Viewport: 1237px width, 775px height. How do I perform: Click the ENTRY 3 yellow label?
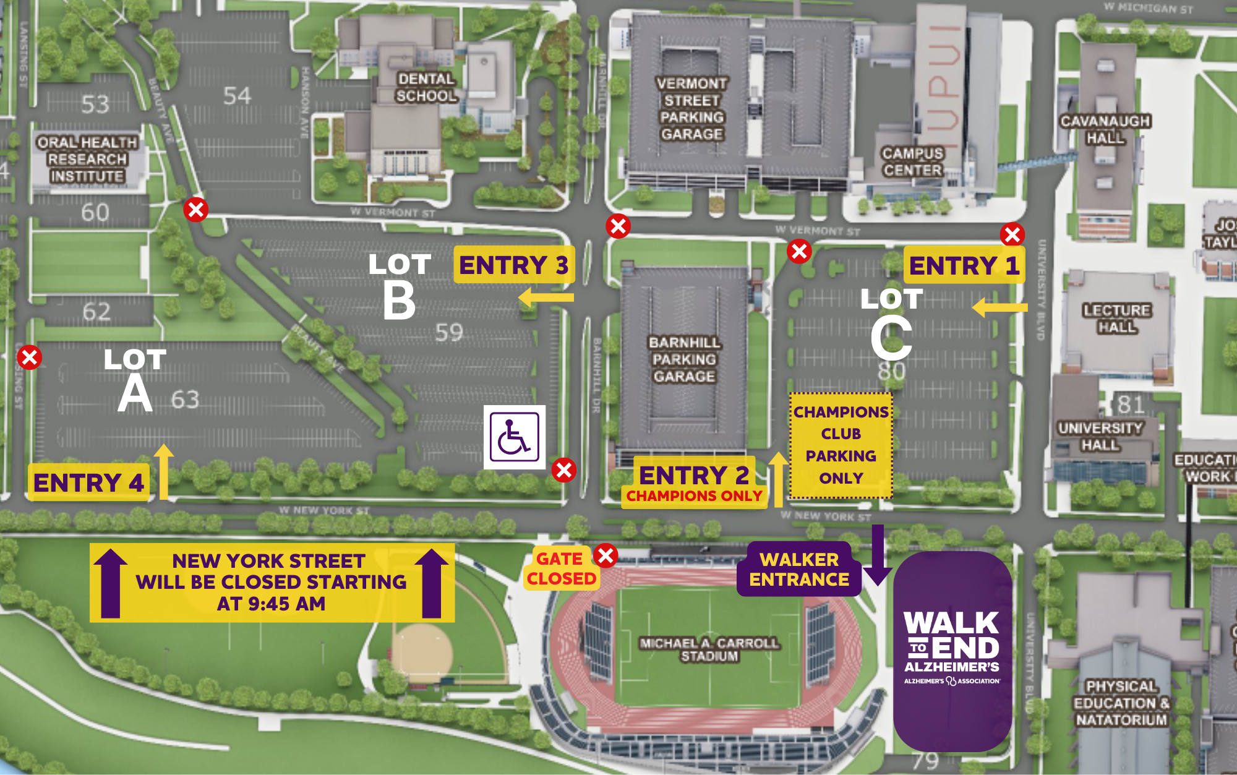(x=513, y=265)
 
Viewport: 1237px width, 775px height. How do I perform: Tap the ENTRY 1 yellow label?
(x=964, y=265)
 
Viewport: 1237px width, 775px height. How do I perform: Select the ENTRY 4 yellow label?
(x=88, y=482)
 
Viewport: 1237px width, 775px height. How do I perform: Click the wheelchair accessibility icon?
(x=514, y=437)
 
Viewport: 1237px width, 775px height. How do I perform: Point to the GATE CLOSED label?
(x=561, y=568)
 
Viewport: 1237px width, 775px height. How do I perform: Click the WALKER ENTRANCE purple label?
(x=798, y=569)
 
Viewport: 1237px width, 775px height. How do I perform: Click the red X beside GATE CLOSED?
(x=606, y=555)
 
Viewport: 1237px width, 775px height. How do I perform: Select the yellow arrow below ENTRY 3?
(x=546, y=298)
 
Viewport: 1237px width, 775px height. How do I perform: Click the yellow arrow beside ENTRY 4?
(x=163, y=471)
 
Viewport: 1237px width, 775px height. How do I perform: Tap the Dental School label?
(x=426, y=88)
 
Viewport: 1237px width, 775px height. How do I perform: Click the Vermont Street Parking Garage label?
(x=691, y=109)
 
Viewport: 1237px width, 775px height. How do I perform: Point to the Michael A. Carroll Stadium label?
(x=709, y=649)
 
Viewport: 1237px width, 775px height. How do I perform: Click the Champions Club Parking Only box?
(x=841, y=445)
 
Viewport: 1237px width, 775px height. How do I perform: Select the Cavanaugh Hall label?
(x=1105, y=129)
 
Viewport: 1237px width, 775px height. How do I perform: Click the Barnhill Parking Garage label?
(x=684, y=359)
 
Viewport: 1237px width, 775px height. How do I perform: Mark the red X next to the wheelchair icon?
(x=563, y=470)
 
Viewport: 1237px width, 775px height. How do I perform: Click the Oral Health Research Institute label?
(x=87, y=160)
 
